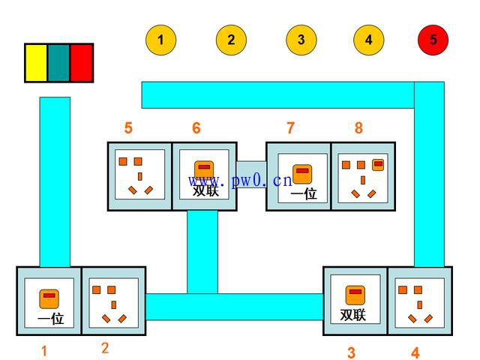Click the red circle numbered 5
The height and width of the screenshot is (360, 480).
click(x=433, y=40)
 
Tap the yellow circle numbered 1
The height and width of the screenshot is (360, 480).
click(x=160, y=40)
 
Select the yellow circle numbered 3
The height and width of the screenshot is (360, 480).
click(x=301, y=40)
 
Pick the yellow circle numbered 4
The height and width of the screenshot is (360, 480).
click(x=368, y=40)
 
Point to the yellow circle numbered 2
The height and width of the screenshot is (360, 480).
click(x=231, y=40)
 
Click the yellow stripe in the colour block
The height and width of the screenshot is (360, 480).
click(x=36, y=63)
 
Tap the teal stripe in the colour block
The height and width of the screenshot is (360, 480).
click(x=58, y=63)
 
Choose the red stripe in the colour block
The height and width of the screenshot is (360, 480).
click(x=82, y=63)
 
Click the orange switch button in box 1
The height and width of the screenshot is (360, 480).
click(x=49, y=298)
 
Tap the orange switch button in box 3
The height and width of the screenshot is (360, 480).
click(x=355, y=295)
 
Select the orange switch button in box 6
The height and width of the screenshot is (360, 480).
click(x=204, y=170)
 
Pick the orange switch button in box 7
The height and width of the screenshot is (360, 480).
click(x=302, y=174)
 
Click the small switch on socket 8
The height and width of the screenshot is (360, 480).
click(x=378, y=165)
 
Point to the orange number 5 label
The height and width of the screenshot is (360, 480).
click(x=128, y=127)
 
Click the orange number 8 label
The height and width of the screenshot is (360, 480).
click(x=358, y=127)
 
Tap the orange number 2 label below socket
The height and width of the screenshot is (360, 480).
click(x=105, y=348)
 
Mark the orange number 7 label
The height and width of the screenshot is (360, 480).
click(x=290, y=127)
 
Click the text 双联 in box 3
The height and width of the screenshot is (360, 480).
click(x=353, y=315)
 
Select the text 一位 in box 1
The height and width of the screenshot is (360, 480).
click(x=50, y=319)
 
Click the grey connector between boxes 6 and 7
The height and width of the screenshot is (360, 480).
click(x=251, y=175)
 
